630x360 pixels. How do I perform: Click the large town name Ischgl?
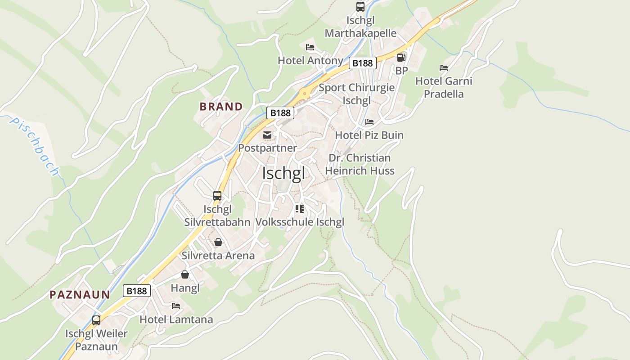click(x=283, y=173)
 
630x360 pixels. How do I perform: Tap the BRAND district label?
click(x=221, y=107)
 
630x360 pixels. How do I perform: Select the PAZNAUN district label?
click(x=80, y=295)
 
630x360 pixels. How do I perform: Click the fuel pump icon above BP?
click(x=401, y=58)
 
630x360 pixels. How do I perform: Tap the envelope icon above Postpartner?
click(x=267, y=135)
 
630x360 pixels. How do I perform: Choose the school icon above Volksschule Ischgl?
click(x=300, y=209)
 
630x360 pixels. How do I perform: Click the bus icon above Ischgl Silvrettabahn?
click(x=217, y=196)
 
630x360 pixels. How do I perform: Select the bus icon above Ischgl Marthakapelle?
click(x=360, y=7)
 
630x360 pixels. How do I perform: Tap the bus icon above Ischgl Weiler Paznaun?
click(x=96, y=320)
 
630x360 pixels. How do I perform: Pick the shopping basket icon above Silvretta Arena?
click(x=218, y=242)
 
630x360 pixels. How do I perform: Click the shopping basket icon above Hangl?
click(x=185, y=274)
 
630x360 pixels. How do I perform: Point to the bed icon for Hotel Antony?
click(x=310, y=47)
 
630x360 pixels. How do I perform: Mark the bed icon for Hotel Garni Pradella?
click(x=444, y=68)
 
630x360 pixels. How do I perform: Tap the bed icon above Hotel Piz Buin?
click(x=369, y=122)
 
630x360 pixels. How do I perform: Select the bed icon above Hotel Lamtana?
click(x=176, y=306)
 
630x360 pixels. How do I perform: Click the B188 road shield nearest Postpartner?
click(x=280, y=113)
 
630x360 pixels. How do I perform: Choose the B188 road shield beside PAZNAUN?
click(x=137, y=291)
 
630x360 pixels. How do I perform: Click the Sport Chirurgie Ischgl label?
click(x=356, y=94)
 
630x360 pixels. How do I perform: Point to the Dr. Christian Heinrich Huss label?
click(x=360, y=164)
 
